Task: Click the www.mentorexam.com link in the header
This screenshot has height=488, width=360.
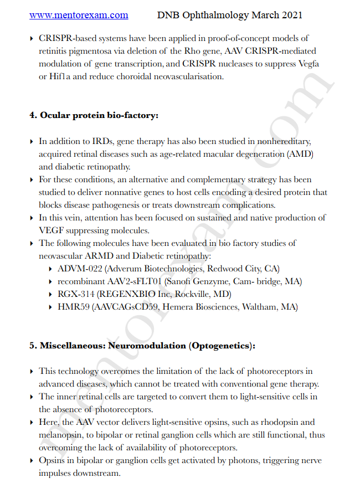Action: pyautogui.click(x=79, y=16)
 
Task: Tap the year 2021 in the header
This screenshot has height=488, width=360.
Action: pyautogui.click(x=290, y=16)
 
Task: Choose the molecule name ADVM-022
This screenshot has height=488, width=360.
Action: pyautogui.click(x=77, y=269)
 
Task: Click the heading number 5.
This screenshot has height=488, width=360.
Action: pyautogui.click(x=33, y=346)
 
